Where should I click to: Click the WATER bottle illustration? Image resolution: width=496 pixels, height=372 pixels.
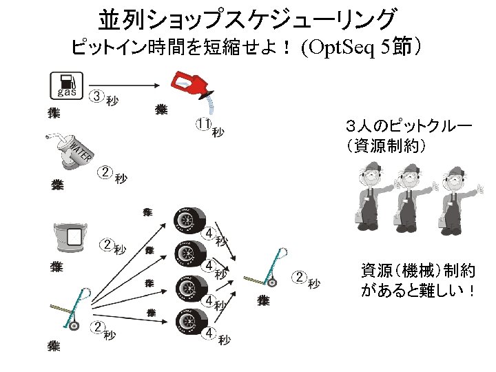(69, 151)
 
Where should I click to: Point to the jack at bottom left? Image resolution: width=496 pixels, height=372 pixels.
(74, 310)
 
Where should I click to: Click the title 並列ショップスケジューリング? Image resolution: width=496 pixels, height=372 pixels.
(248, 19)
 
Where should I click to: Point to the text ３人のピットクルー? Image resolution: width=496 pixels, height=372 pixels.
(409, 127)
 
